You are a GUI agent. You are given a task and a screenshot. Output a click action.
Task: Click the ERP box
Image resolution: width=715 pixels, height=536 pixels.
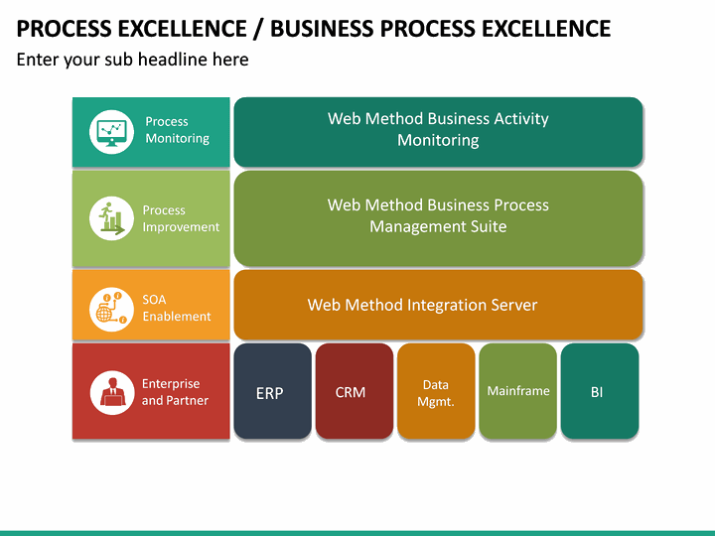tap(271, 392)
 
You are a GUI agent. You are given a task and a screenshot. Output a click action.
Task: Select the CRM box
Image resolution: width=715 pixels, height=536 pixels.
tap(351, 392)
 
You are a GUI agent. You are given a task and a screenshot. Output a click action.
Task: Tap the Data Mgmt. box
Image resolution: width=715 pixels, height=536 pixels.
tap(436, 392)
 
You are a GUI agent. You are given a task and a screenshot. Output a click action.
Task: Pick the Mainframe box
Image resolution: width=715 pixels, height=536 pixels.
tap(517, 391)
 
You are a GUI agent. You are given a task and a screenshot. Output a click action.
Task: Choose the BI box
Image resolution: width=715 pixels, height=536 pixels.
tap(598, 392)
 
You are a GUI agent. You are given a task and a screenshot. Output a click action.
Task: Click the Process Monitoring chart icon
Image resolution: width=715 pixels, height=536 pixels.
tap(111, 131)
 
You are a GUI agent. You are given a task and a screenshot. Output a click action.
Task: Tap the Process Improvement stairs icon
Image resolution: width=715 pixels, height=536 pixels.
tap(111, 218)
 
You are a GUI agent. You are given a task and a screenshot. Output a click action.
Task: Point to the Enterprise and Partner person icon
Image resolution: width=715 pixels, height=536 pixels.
tap(111, 392)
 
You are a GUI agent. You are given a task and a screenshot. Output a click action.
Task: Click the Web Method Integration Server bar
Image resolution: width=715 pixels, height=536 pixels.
tap(437, 305)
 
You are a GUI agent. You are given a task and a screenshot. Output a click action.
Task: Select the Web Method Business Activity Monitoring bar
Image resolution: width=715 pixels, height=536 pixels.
tap(437, 130)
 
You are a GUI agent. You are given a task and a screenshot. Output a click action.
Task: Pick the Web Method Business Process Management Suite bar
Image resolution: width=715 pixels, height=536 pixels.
tap(437, 216)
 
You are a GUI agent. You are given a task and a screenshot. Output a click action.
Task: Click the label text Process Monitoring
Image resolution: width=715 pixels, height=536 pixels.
tap(177, 130)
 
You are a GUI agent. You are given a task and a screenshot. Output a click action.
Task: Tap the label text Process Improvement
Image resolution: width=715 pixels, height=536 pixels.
tap(180, 218)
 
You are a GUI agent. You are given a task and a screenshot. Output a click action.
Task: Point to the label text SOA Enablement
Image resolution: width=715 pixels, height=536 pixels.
tap(176, 308)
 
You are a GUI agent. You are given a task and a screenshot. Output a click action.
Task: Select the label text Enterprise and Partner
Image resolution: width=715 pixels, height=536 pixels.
tap(175, 392)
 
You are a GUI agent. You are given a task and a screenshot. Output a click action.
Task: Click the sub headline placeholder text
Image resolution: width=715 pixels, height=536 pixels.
tap(132, 60)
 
